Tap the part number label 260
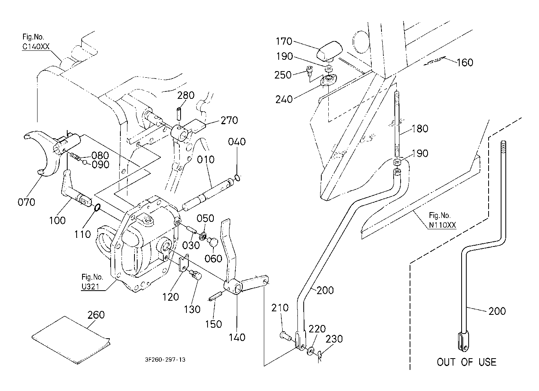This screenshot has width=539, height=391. point(96,314)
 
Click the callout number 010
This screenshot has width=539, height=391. point(206,160)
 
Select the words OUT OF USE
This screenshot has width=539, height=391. point(466,362)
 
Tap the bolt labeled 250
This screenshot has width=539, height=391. point(310,71)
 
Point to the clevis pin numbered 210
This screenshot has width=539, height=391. point(285,335)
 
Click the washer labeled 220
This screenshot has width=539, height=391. point(312,350)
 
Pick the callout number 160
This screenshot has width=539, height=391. point(465,62)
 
